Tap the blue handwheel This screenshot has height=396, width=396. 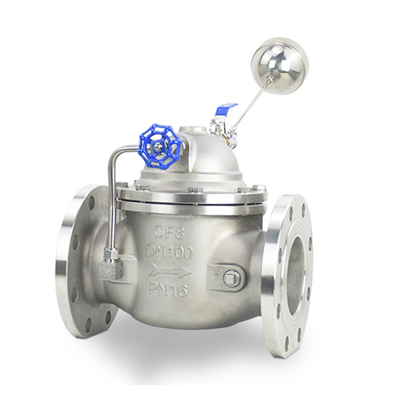pos(160,147)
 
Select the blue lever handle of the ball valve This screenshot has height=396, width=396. pos(227,109)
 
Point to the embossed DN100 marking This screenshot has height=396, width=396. pos(169,253)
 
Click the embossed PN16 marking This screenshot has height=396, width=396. pos(169,290)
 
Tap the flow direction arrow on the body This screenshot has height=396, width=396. pos(169,271)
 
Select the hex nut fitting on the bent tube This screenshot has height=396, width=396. pos(111,254)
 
